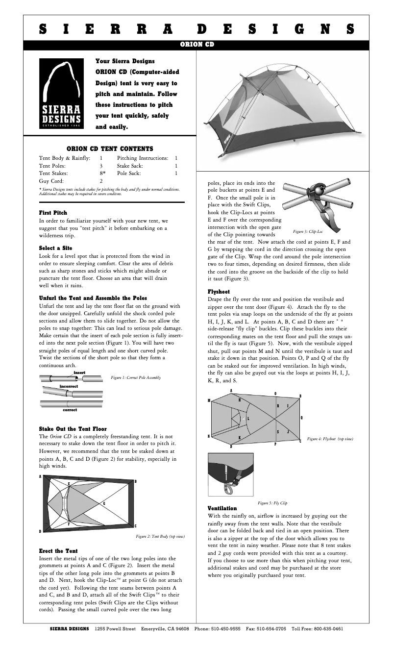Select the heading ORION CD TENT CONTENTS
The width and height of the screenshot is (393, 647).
tap(110, 149)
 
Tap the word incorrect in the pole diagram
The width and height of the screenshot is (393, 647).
tap(69, 386)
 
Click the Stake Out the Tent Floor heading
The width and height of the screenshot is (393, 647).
tap(73, 429)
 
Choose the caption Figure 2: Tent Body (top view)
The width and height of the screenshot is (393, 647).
tap(160, 536)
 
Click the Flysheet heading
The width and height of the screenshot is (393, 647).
tap(219, 291)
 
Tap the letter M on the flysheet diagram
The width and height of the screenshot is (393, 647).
tap(209, 400)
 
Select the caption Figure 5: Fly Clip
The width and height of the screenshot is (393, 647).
tap(272, 503)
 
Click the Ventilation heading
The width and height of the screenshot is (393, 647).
tap(222, 508)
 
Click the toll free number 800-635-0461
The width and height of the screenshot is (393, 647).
tap(324, 628)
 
